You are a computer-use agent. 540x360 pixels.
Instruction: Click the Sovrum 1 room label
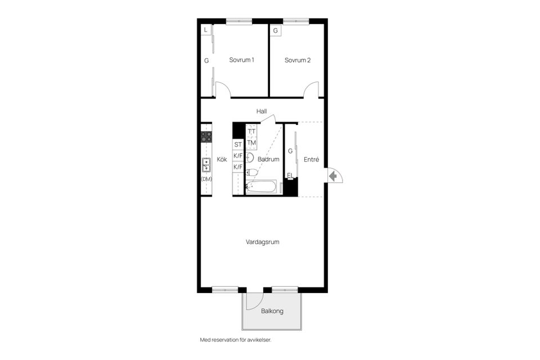pos(241,60)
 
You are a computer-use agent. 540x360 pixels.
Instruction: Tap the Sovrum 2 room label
pos(298,60)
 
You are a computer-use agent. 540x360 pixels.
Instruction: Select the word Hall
pos(262,111)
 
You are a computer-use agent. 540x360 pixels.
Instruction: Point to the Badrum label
pos(269,159)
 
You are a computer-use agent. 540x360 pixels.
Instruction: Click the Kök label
pos(222,160)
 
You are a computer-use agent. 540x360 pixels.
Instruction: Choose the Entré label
pos(311,160)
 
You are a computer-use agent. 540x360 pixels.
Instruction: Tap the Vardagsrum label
pos(263,242)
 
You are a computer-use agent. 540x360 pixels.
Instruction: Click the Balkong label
pos(272,311)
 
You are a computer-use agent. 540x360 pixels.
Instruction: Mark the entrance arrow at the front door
pos(332,177)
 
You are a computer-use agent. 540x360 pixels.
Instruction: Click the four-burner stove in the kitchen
pos(206,137)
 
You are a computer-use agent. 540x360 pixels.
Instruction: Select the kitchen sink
pos(206,165)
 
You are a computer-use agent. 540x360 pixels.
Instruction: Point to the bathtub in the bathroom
pos(261,187)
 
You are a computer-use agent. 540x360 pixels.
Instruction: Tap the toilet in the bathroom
pos(251,172)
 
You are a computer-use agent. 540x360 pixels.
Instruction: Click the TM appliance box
pos(251,143)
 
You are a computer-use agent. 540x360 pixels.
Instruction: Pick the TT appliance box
pos(251,131)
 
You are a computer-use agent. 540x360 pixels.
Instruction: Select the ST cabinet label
pos(238,145)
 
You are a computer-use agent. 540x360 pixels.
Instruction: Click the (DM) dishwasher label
pos(206,179)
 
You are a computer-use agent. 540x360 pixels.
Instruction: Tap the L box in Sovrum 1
pos(206,30)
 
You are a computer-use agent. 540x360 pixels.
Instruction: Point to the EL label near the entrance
pos(290,175)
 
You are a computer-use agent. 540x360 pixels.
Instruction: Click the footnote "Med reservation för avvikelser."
pos(236,340)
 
